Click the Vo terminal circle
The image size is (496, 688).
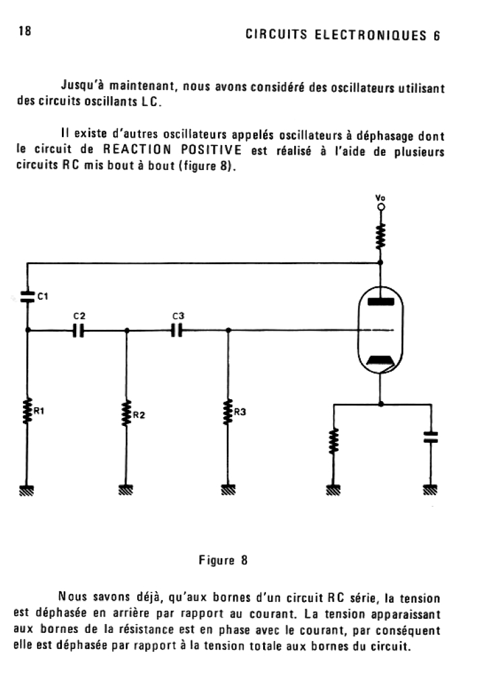coord(381,208)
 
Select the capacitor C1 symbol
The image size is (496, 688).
coord(28,296)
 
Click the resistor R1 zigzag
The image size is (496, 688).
coord(28,411)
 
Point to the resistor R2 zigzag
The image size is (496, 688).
coord(126,413)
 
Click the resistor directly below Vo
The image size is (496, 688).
coord(381,236)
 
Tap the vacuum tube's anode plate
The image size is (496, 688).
coord(381,300)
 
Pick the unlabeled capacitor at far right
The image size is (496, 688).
coord(431,437)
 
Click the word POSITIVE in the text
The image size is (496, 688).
coord(211,151)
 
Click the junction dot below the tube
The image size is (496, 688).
coord(381,404)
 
